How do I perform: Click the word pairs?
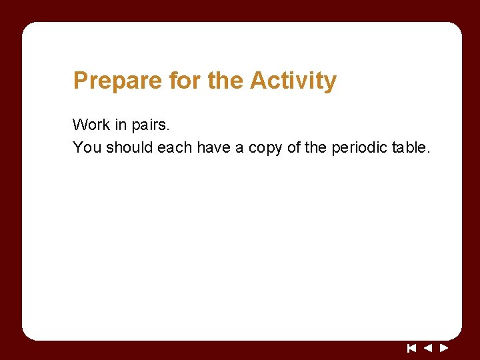pyautogui.click(x=152, y=125)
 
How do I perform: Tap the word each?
pyautogui.click(x=175, y=147)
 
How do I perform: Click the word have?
pyautogui.click(x=213, y=147)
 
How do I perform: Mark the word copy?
pyautogui.click(x=265, y=148)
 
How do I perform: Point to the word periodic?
pyautogui.click(x=359, y=147)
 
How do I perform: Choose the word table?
pyautogui.click(x=411, y=147)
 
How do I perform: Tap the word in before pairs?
pyautogui.click(x=121, y=125)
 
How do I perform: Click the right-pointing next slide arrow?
pyautogui.click(x=444, y=347)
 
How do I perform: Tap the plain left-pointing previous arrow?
pyautogui.click(x=428, y=347)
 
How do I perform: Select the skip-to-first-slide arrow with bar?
pyautogui.click(x=412, y=347)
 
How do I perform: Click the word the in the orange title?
pyautogui.click(x=227, y=81)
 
